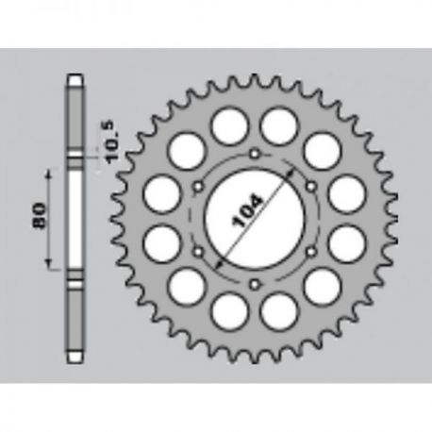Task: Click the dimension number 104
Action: click(247, 211)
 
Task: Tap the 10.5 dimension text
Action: click(113, 142)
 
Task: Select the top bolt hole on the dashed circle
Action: click(254, 154)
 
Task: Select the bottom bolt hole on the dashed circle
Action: click(254, 284)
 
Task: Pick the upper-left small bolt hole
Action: click(198, 187)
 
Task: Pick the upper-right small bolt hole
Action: click(311, 187)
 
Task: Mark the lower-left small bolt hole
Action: click(198, 252)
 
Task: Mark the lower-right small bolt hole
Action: click(311, 251)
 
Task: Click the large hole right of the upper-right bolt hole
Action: click(347, 194)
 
